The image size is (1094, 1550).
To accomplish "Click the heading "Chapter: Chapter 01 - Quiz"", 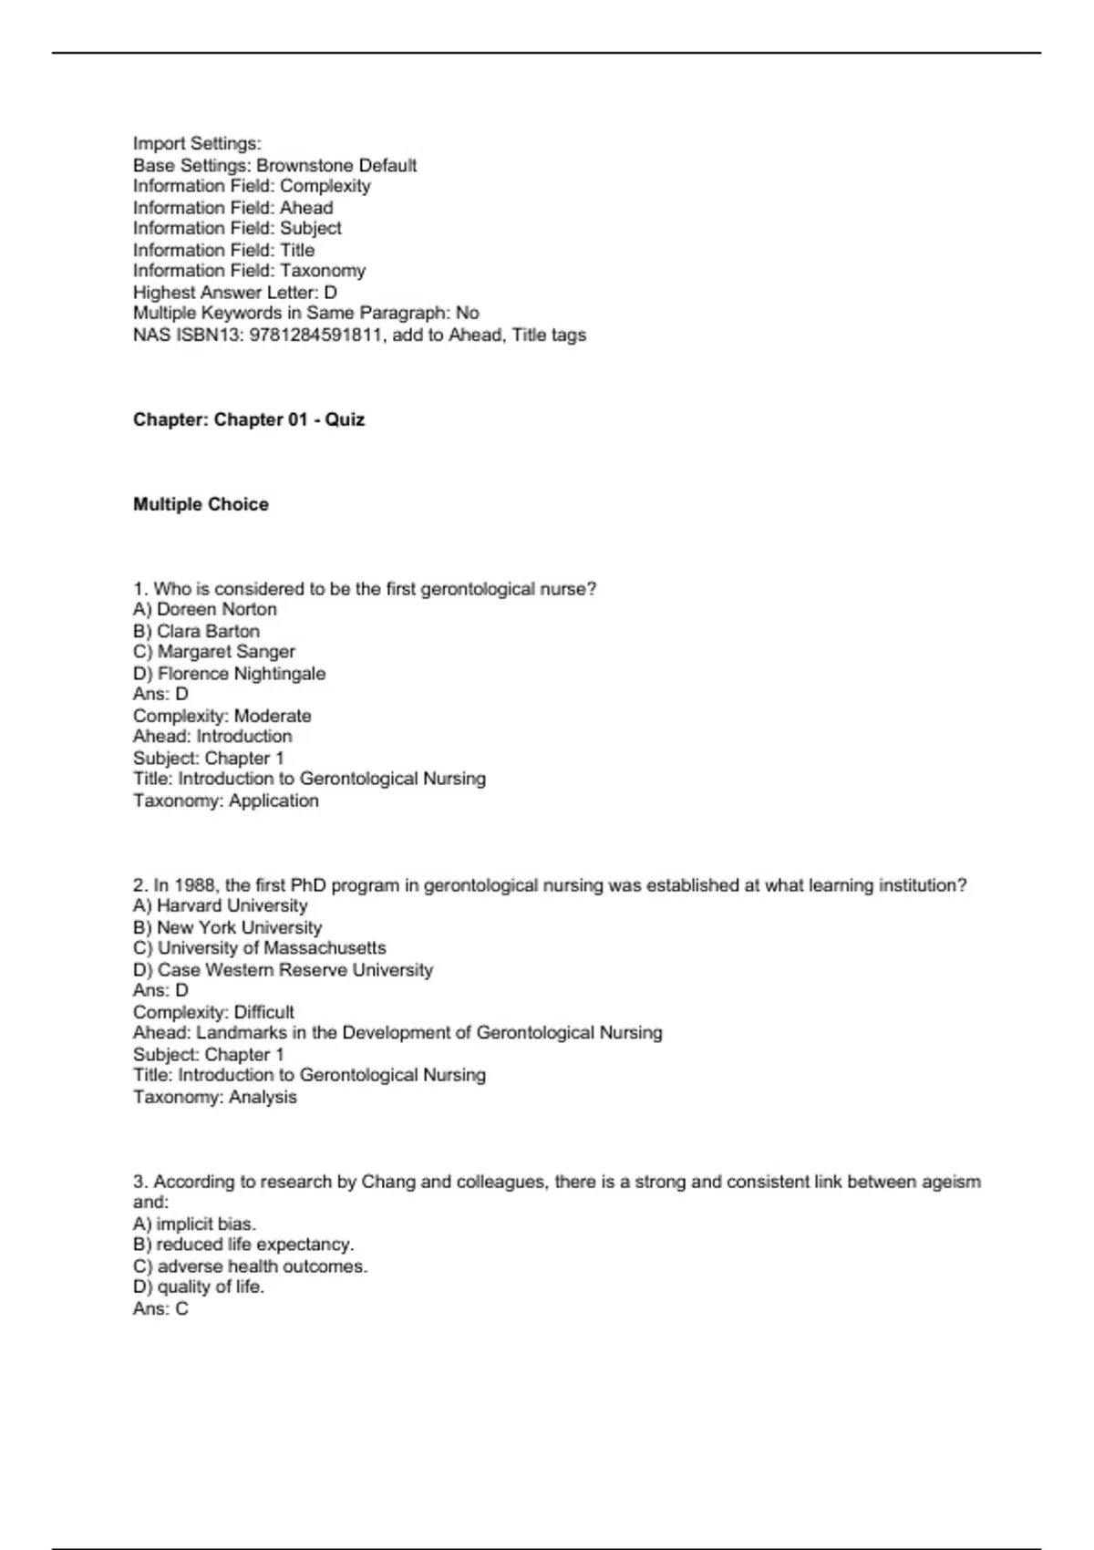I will [x=249, y=419].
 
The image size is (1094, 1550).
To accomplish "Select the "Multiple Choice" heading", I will [x=201, y=504].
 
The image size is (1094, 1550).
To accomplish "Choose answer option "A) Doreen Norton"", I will [x=205, y=609].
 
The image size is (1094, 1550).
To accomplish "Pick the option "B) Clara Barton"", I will [x=196, y=631].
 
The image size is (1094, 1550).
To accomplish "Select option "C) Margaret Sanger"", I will [x=214, y=652].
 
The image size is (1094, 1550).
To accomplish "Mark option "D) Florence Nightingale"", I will [x=229, y=674].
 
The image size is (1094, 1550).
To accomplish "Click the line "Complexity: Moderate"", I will [x=222, y=716].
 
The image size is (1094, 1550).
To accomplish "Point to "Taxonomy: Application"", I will [x=226, y=801].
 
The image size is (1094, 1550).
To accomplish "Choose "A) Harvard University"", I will [x=220, y=905].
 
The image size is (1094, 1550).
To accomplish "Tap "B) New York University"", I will [x=227, y=927].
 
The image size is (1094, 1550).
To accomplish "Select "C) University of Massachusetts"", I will [x=259, y=948].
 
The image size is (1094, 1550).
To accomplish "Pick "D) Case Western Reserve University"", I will [x=283, y=970].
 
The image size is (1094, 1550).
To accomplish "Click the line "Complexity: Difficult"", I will [x=213, y=1012].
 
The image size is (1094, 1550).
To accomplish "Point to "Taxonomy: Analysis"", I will [x=215, y=1097].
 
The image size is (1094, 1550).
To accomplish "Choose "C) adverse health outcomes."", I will [x=250, y=1266].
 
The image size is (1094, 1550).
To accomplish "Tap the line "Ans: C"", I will [x=160, y=1309].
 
